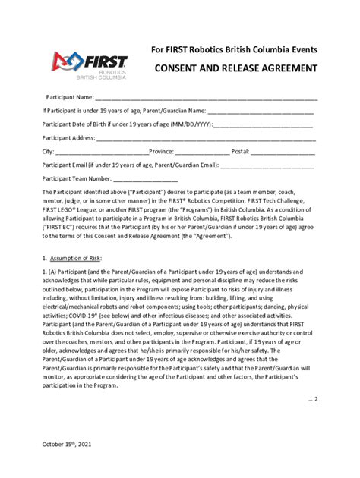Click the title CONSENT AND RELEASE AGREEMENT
[x=236, y=68]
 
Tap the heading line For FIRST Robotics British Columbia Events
[x=234, y=50]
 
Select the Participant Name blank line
[x=206, y=99]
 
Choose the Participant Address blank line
[x=206, y=139]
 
